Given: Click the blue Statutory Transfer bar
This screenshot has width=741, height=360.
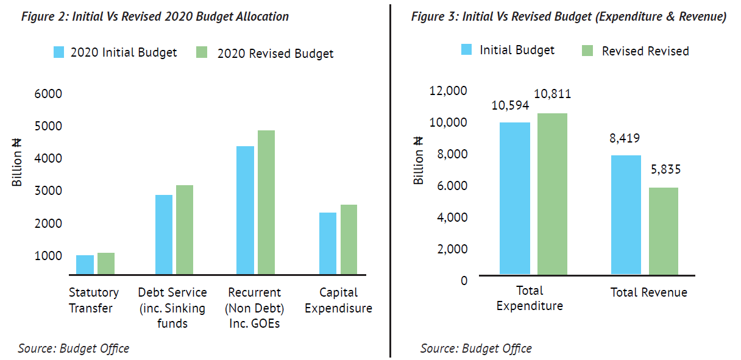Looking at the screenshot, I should pos(85,264).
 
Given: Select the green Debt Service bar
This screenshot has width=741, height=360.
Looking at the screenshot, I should pos(184,230).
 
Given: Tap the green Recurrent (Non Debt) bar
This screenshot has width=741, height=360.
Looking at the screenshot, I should pos(266,202).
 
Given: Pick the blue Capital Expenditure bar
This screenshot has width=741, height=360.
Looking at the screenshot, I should pos(328,243).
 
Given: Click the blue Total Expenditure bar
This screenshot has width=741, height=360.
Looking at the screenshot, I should pos(515,198).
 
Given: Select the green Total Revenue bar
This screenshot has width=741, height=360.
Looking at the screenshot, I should pos(664,231).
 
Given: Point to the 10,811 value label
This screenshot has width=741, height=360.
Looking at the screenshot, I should pos(552,94).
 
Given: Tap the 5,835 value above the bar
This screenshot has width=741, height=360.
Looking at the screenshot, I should pos(664,170).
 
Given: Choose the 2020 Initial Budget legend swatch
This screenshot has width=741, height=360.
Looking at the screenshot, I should pos(59,52).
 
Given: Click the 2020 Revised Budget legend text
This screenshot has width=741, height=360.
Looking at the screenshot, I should pos(275,54).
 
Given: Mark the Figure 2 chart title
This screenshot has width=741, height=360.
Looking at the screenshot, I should pos(155,16).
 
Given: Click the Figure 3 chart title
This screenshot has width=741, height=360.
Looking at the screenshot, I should pos(569,16).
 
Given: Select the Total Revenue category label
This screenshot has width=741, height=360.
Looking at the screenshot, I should pos(648,293).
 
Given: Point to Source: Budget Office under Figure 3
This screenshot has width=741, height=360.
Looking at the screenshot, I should pos(476,348).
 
